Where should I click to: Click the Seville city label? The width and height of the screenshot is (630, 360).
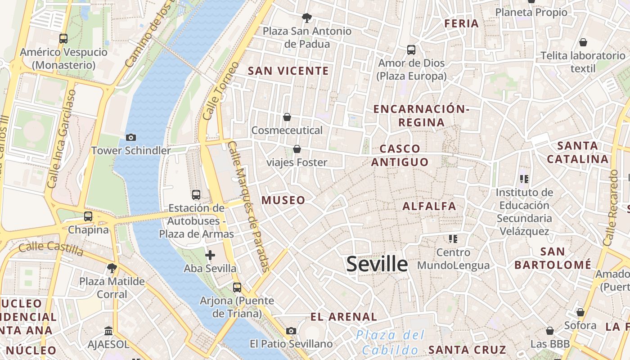pos(377,264)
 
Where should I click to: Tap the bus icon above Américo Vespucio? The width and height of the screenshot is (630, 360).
pos(63,39)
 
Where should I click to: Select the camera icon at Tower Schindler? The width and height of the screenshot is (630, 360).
pos(131,137)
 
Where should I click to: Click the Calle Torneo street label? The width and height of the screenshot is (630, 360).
pos(221,91)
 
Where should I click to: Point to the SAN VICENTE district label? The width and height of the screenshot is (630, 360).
pos(288,71)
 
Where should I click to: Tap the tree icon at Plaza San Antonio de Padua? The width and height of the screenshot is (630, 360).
pos(307,18)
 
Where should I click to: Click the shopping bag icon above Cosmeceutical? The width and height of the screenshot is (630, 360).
pos(287,117)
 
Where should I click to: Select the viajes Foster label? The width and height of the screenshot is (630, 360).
pos(297,162)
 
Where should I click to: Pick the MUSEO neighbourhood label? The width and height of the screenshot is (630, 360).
pos(283,200)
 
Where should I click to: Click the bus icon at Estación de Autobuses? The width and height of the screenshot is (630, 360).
pos(196,195)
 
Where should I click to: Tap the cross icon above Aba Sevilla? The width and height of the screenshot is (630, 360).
pos(210,255)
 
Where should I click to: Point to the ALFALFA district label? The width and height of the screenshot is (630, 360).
pos(429,206)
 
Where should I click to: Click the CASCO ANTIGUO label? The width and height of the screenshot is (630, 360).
pos(400,155)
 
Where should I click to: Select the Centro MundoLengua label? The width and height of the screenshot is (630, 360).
pos(453,259)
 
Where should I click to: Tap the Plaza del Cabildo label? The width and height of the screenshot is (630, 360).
pos(391,342)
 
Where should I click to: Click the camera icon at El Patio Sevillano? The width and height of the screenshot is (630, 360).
pos(291,331)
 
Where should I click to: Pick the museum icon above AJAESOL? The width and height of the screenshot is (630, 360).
pos(108,331)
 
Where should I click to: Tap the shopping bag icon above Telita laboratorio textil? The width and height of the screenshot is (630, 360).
pos(583,42)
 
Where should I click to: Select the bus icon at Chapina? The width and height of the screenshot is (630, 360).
pos(88,216)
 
